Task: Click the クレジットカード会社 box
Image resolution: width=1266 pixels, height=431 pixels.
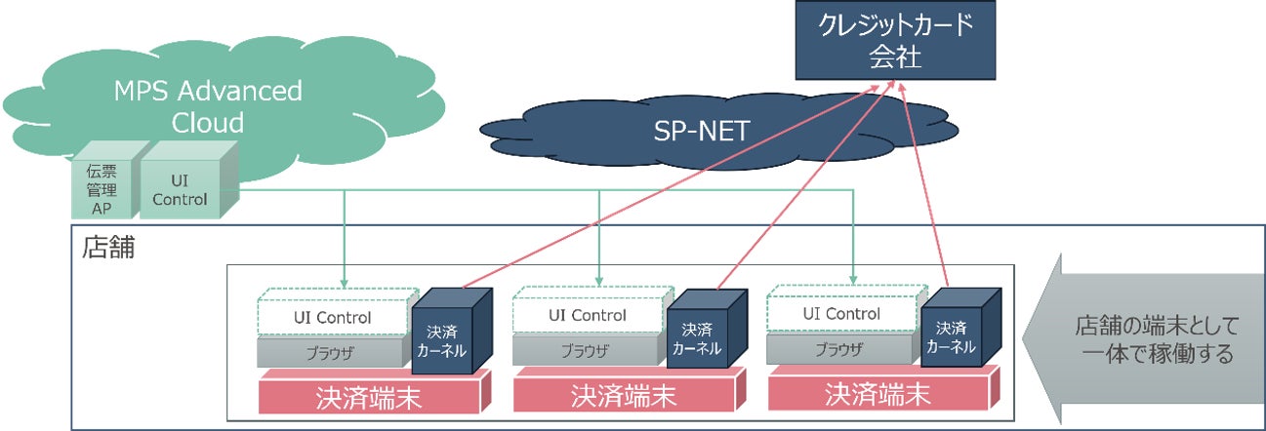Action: tap(895, 40)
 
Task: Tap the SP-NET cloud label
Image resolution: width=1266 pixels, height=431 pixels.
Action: tap(702, 131)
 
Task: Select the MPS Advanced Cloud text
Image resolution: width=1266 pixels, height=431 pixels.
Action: tap(208, 106)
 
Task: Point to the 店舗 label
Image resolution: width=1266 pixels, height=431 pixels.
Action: tap(108, 248)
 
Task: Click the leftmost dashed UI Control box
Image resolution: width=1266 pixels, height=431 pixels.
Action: tap(338, 311)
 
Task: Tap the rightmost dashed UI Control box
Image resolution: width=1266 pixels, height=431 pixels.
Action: tap(846, 308)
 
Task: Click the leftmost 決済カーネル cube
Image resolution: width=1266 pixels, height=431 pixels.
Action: tap(452, 331)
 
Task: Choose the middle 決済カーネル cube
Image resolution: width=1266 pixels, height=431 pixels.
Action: tap(707, 330)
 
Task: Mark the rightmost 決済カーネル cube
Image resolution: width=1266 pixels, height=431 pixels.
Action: tap(960, 328)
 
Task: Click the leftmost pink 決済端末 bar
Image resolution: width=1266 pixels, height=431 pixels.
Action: tap(374, 392)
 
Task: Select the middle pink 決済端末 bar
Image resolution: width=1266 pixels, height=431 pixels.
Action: tap(629, 390)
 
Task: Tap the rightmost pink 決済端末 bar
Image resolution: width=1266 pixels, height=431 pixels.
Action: tap(883, 388)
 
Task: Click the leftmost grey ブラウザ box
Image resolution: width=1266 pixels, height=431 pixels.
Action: tap(335, 351)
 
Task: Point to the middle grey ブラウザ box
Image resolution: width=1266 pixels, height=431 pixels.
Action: tap(590, 350)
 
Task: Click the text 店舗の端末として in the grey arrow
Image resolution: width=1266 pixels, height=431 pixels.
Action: tap(1157, 326)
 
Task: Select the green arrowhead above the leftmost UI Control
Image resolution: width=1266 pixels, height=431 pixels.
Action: tap(345, 283)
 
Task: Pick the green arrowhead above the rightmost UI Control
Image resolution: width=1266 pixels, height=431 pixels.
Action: tap(853, 280)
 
